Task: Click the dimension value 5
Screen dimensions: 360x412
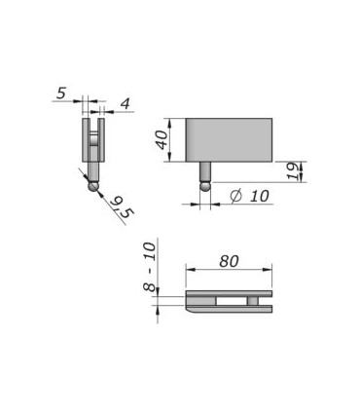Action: tap(61, 94)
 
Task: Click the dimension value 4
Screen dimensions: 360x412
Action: tap(126, 104)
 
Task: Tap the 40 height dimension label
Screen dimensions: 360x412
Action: tap(162, 139)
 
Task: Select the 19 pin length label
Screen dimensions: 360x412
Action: tap(294, 171)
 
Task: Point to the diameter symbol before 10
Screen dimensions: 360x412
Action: tap(236, 196)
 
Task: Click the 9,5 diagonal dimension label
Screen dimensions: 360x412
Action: tap(122, 207)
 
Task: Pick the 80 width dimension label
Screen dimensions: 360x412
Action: tap(229, 261)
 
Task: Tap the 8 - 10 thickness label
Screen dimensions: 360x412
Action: tap(150, 267)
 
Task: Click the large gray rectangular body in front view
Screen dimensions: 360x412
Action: tap(229, 140)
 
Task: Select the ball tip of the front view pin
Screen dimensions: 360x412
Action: tap(205, 186)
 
